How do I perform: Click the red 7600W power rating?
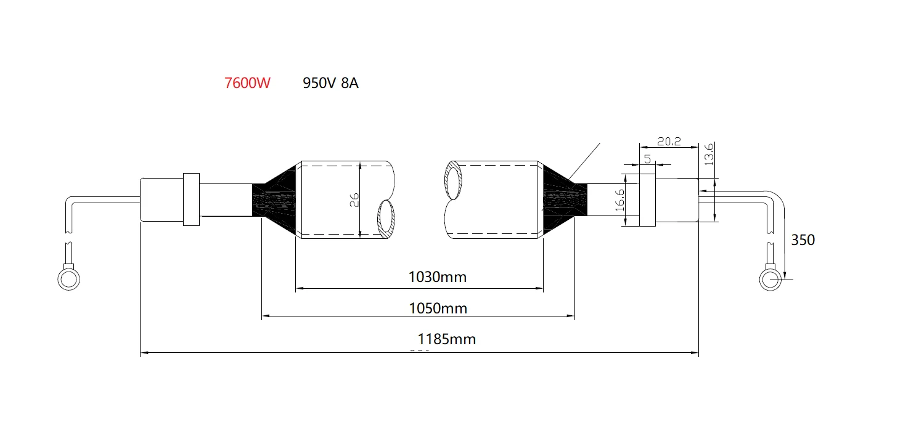(x=247, y=83)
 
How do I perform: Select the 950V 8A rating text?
(x=330, y=83)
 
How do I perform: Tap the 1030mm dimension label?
(x=438, y=277)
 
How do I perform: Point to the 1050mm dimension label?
(x=438, y=308)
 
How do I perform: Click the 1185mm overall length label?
(x=447, y=339)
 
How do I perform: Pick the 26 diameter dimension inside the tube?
(x=354, y=200)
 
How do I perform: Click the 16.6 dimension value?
(x=620, y=201)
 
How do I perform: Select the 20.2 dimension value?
(x=669, y=142)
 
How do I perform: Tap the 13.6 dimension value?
(x=709, y=154)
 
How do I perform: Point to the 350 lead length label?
(x=803, y=240)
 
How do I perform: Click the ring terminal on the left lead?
(x=68, y=278)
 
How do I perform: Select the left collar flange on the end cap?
(x=192, y=199)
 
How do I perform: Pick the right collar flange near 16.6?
(x=647, y=199)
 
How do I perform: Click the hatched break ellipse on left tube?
(x=387, y=220)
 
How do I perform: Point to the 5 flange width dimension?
(x=647, y=158)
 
